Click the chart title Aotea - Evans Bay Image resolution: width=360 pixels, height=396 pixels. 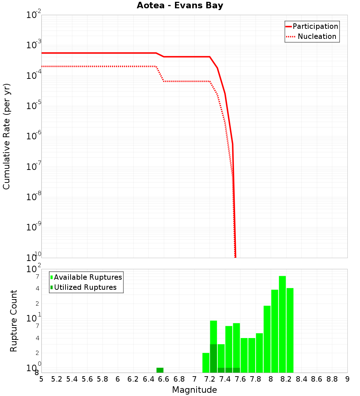click(180, 6)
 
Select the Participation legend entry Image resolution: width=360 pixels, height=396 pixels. click(315, 26)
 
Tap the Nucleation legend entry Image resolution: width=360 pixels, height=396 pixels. click(316, 36)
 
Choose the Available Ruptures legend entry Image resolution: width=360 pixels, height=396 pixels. click(88, 277)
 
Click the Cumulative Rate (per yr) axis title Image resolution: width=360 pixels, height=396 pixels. click(6, 136)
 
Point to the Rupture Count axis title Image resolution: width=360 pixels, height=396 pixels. click(14, 321)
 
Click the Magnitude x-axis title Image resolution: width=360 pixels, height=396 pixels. click(194, 390)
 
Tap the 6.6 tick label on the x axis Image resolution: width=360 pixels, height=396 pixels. click(163, 379)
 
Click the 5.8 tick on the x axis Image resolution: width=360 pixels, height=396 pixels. click(102, 379)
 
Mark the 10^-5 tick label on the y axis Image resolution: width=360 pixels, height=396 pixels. click(33, 106)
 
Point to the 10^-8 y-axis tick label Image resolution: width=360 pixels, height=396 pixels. click(33, 197)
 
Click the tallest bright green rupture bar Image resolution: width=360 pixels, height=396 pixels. click(282, 324)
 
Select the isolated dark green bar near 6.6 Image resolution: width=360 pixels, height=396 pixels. click(160, 370)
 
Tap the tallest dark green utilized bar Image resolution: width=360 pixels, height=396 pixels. click(213, 358)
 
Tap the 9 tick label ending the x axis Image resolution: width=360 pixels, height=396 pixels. click(347, 379)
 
